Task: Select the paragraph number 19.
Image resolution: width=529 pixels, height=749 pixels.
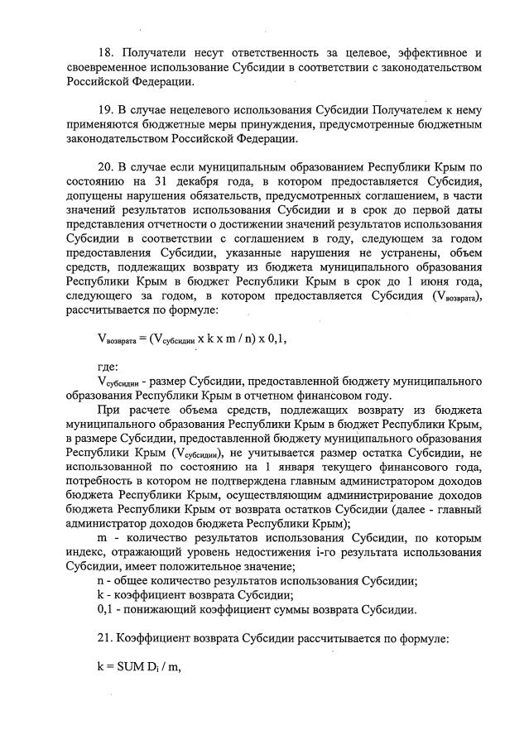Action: point(105,109)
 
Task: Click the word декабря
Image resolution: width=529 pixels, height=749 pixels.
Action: point(190,180)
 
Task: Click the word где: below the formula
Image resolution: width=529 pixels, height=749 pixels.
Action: point(108,365)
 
